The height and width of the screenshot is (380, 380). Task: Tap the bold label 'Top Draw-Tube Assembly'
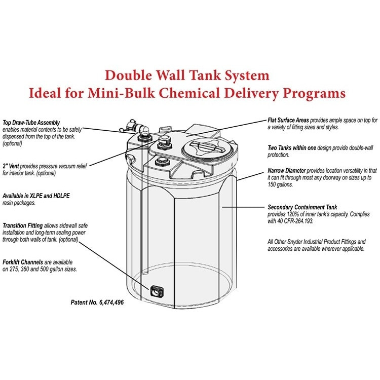(x=31, y=122)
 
